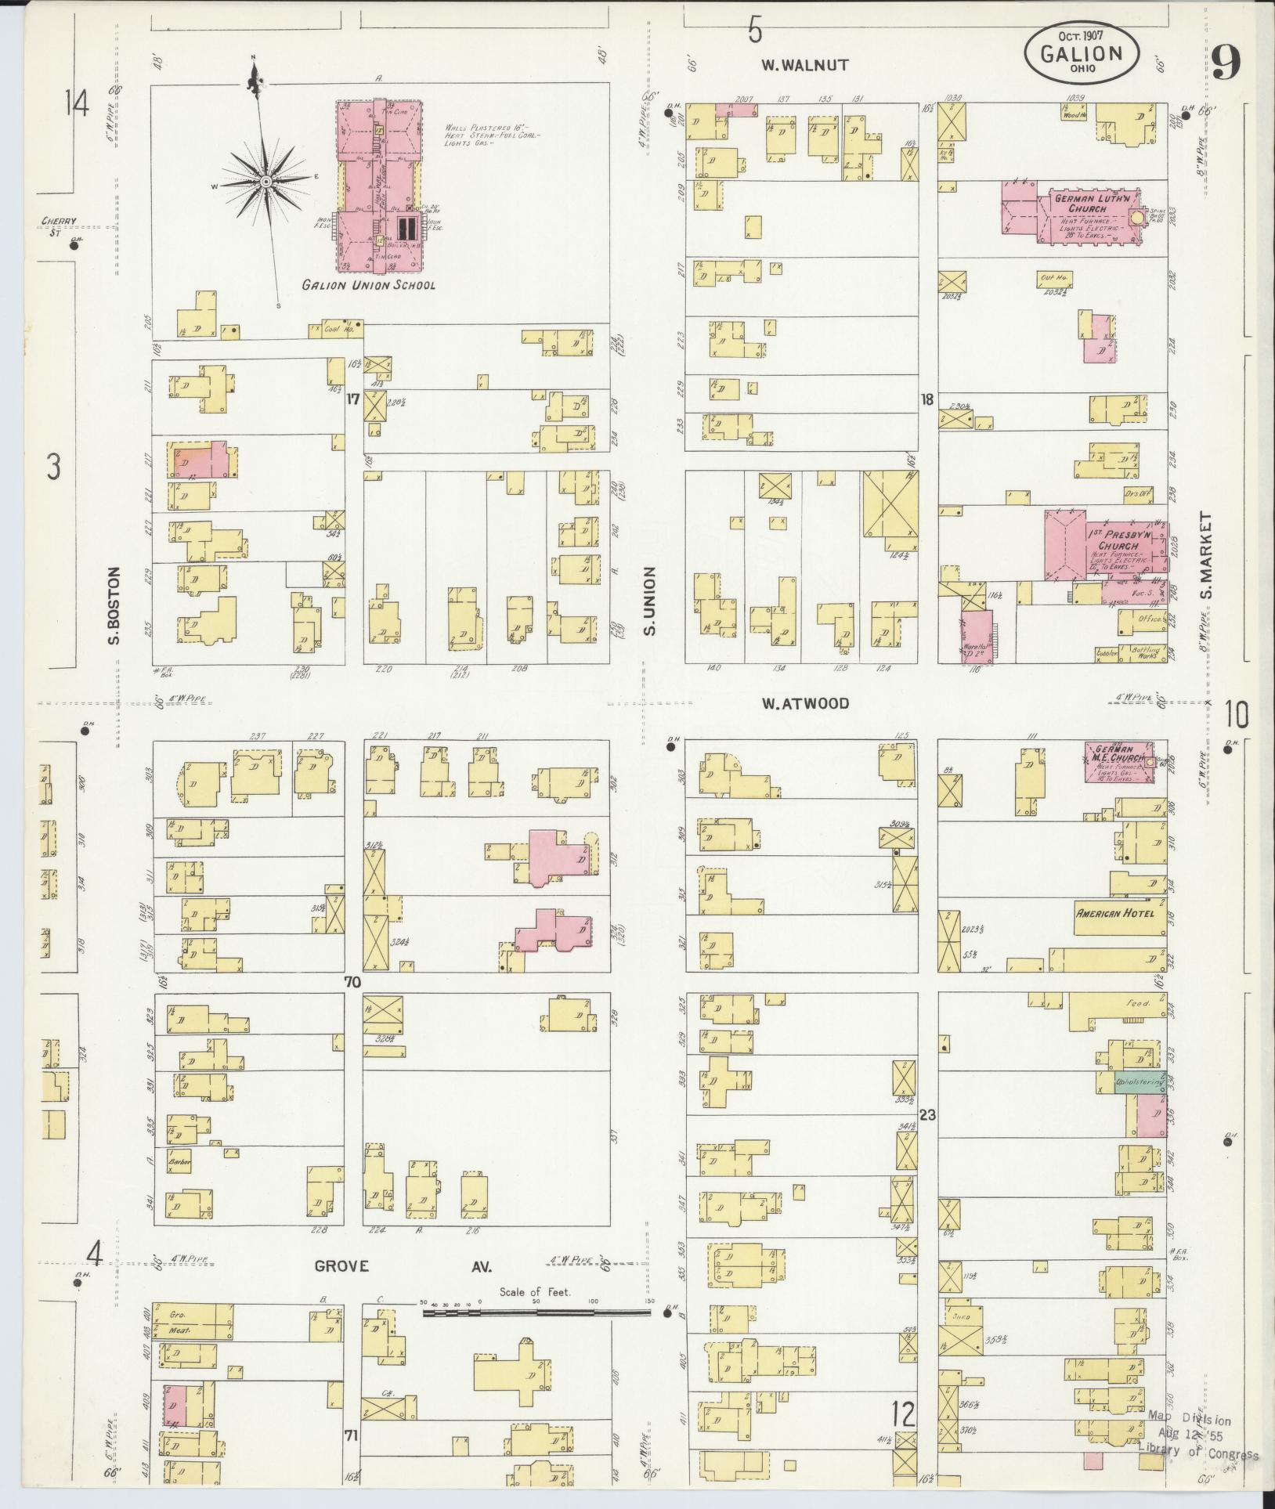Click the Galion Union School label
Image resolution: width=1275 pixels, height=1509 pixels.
coord(369,285)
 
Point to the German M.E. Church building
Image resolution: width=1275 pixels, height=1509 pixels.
coord(1118,761)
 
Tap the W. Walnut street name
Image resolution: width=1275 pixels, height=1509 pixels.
coord(804,65)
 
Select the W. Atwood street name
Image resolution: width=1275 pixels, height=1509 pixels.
coord(804,703)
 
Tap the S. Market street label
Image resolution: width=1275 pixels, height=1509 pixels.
coord(1205,554)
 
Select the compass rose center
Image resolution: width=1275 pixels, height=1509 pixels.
coord(266,182)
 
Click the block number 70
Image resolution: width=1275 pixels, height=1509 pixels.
coord(352,981)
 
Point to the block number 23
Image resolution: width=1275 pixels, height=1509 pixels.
coord(928,1114)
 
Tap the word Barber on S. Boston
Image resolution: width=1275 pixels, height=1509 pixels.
coord(180,1162)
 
